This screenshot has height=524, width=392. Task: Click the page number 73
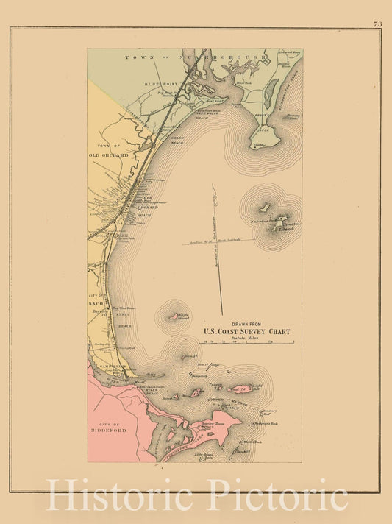coord(377,24)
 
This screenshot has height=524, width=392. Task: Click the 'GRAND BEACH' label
coord(177,137)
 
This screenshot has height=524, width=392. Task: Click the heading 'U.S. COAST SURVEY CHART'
coord(247,332)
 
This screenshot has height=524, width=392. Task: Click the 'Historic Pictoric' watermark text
coord(196,495)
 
